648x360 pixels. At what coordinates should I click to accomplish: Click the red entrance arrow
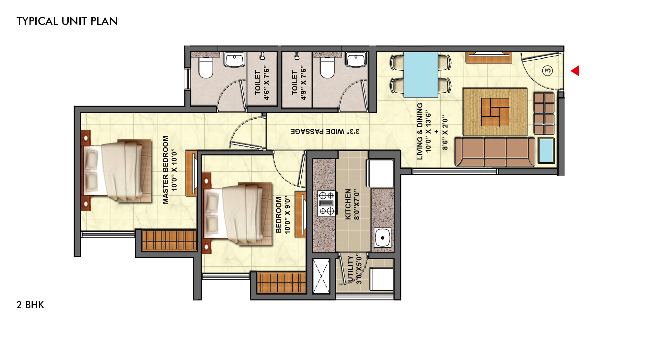[x=576, y=71]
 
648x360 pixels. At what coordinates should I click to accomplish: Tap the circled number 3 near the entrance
[x=548, y=70]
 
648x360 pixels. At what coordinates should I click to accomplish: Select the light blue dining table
[x=421, y=75]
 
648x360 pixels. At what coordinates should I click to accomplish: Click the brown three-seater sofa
[x=495, y=152]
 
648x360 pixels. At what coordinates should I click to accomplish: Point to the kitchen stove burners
[x=326, y=203]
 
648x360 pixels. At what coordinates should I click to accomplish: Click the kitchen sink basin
[x=383, y=238]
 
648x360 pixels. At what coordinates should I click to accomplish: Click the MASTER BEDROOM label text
[x=166, y=170]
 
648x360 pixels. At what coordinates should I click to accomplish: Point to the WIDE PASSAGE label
[x=325, y=131]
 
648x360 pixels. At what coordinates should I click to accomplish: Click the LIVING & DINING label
[x=420, y=131]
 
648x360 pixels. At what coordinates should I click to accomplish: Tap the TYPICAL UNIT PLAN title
[x=67, y=21]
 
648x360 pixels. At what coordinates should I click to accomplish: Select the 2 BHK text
[x=30, y=305]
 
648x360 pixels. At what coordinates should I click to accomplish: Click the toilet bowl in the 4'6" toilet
[x=205, y=67]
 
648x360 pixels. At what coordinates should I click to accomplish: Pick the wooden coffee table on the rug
[x=495, y=112]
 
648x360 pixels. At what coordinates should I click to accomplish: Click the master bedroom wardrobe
[x=169, y=240]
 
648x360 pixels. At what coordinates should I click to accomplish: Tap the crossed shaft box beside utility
[x=321, y=276]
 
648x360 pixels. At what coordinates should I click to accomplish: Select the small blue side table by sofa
[x=546, y=150]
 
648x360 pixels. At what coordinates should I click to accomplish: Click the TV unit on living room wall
[x=489, y=57]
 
